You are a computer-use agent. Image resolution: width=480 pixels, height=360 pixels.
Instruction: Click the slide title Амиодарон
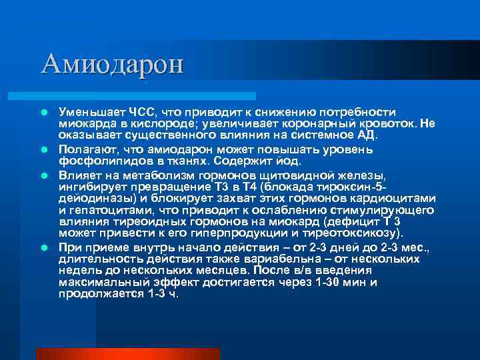111,64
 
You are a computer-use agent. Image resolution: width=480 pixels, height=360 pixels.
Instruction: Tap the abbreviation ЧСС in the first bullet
136,111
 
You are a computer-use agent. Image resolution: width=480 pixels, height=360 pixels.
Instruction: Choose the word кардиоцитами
395,199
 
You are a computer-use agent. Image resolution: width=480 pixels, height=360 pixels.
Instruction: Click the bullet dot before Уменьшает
43,112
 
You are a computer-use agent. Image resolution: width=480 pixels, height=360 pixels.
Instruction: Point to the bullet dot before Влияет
43,175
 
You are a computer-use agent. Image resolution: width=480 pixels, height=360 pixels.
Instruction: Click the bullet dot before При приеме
43,247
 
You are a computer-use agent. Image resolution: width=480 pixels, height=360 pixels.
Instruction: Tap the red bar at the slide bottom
127,353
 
